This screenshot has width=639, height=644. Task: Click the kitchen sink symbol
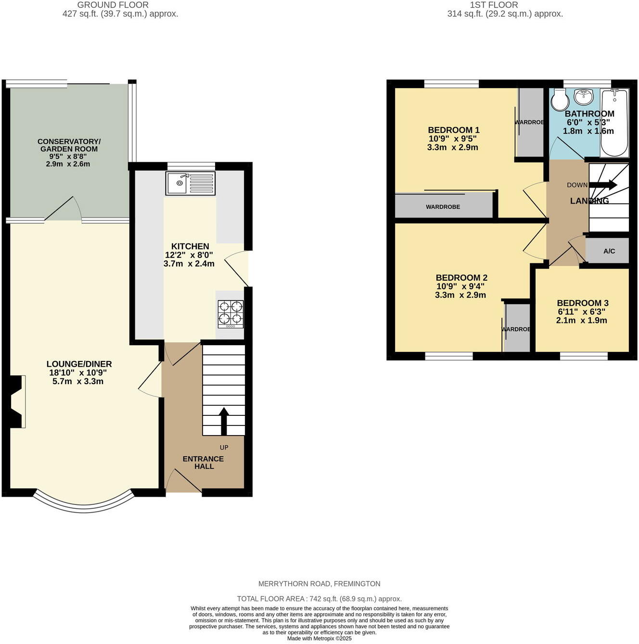[190, 183]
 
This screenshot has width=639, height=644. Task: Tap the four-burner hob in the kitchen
[230, 314]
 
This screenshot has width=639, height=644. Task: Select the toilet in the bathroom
[559, 100]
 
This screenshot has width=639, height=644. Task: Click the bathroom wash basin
[584, 97]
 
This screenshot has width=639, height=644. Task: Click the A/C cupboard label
[609, 251]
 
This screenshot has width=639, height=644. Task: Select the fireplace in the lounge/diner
[17, 401]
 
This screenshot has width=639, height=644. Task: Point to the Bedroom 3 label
[582, 303]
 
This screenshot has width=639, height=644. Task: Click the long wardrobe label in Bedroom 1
[443, 206]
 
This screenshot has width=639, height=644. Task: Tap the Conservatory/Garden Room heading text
[69, 145]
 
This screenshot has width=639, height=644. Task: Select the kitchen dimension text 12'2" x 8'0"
[189, 255]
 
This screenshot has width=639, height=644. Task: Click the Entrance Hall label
[203, 463]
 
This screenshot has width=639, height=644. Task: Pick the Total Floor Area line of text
[319, 599]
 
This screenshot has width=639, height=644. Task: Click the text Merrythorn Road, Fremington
[319, 584]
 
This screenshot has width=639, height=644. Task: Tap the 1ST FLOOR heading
[494, 5]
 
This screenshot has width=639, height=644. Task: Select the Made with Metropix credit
[319, 639]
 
